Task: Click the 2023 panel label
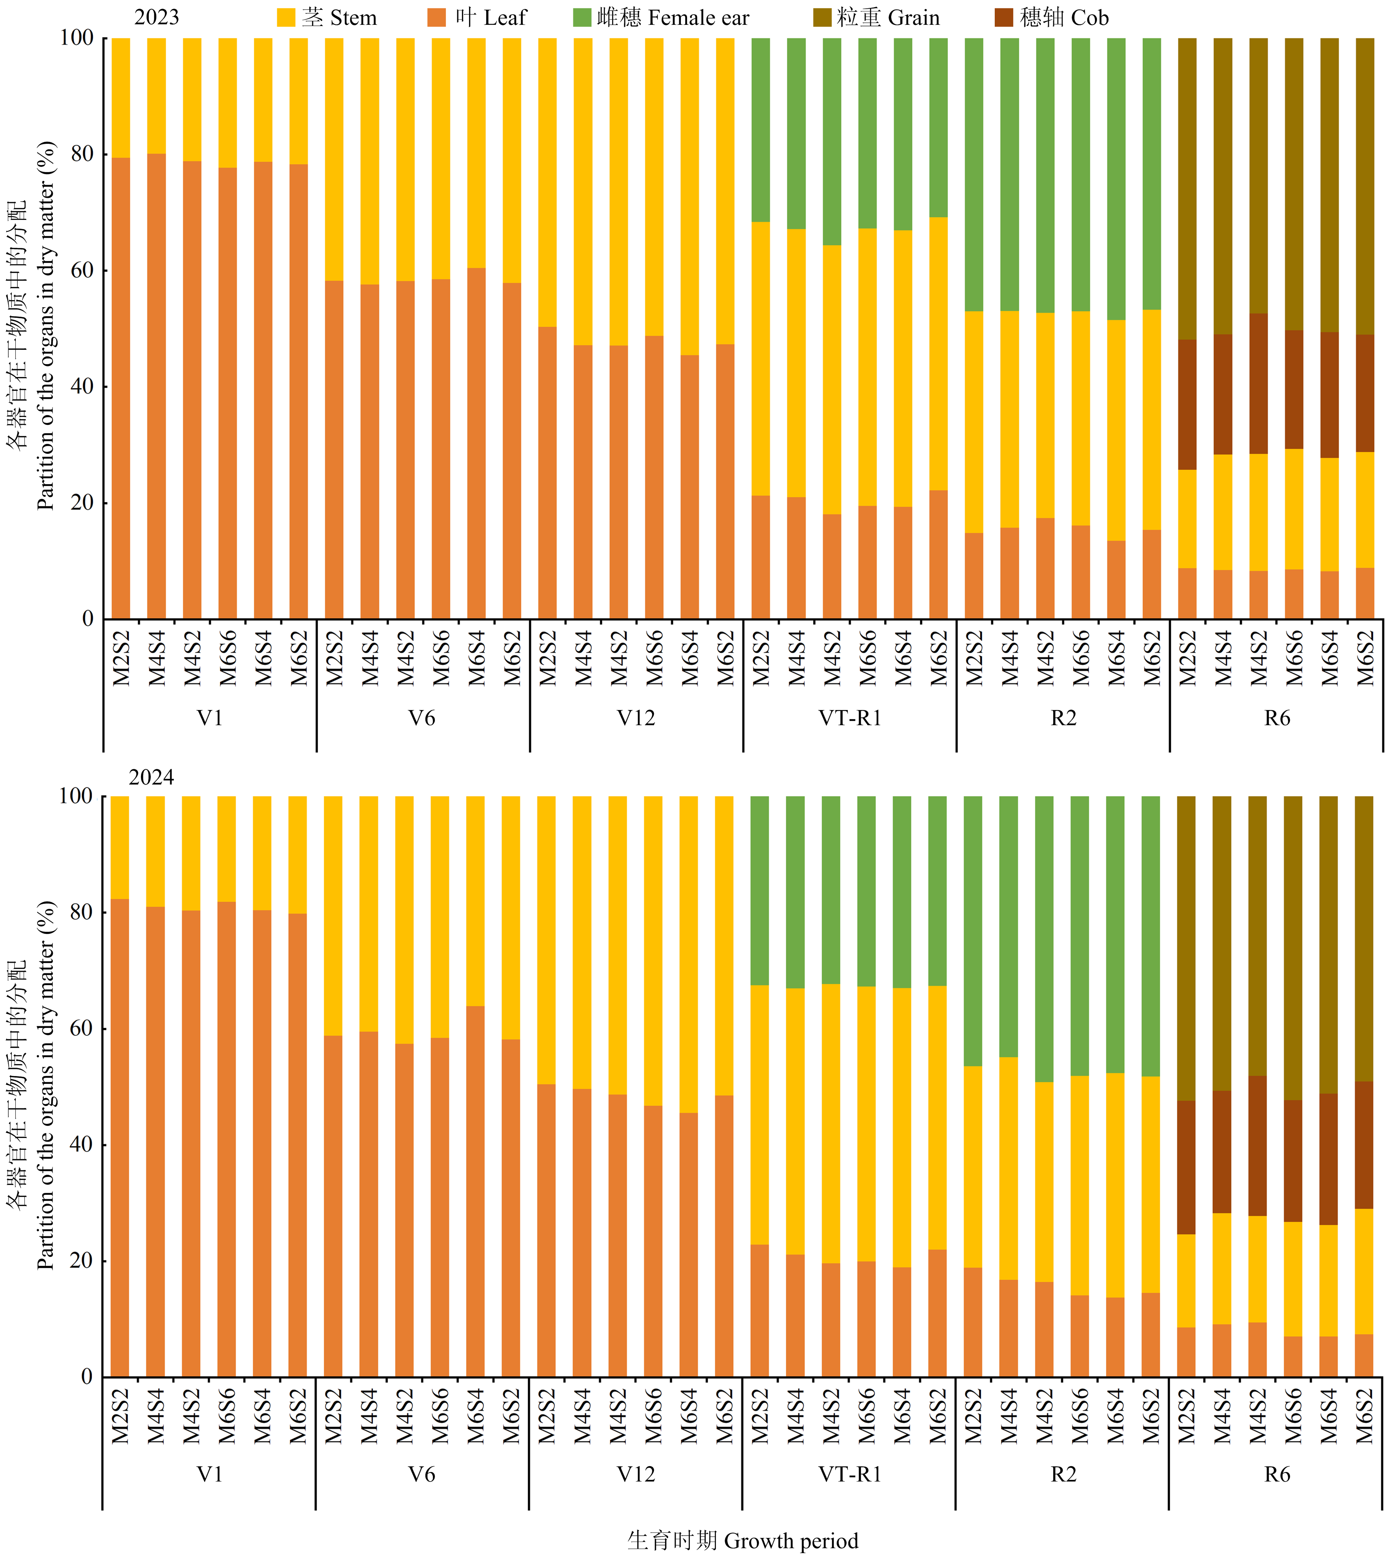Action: pos(157,17)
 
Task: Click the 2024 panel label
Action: pos(151,777)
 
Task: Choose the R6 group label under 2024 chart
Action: pos(1277,1474)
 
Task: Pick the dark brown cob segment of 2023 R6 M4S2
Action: pos(1258,383)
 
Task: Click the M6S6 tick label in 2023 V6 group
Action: pos(441,658)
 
